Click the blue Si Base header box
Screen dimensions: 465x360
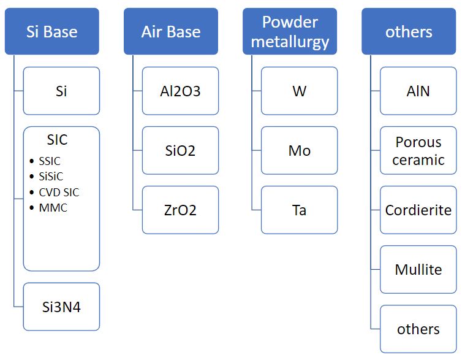point(52,31)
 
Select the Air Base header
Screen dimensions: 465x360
point(171,31)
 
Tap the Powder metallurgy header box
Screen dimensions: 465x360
point(290,31)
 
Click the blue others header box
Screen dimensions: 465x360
point(409,31)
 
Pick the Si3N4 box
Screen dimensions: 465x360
point(61,307)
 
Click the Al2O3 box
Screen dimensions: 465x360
point(180,91)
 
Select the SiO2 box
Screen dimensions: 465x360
point(180,150)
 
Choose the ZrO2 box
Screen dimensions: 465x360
point(180,210)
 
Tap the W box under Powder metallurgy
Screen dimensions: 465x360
point(299,91)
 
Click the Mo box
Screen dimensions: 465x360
point(299,150)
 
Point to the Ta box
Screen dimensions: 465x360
point(299,210)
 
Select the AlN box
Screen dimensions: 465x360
point(418,91)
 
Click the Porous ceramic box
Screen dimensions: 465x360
point(418,150)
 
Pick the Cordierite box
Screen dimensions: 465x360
point(418,210)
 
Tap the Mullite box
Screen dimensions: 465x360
point(418,269)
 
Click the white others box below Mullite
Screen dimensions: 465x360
point(418,329)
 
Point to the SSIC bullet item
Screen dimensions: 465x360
point(50,161)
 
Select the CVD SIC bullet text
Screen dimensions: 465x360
point(59,193)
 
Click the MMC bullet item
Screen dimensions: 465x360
point(53,208)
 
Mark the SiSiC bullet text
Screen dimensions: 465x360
point(51,177)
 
